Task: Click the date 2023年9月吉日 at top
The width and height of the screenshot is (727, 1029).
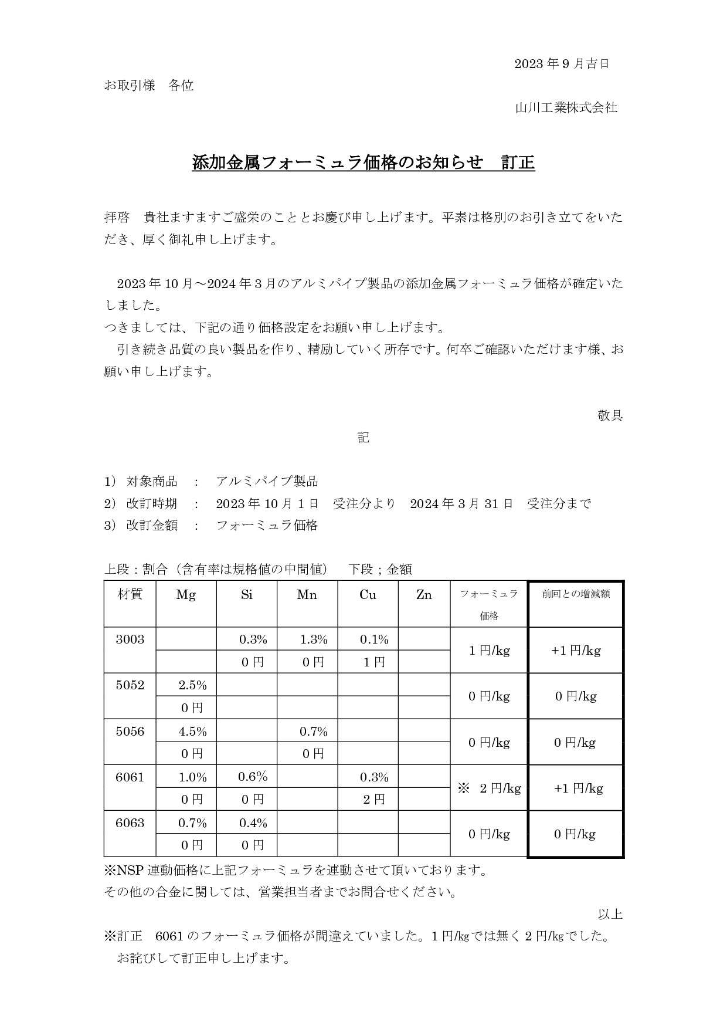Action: [x=562, y=64]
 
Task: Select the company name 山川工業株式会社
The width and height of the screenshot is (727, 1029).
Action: [x=566, y=108]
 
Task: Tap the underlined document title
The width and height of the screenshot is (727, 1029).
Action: [x=363, y=163]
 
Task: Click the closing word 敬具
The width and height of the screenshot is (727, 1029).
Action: [x=610, y=416]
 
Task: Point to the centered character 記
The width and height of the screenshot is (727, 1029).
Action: [x=363, y=438]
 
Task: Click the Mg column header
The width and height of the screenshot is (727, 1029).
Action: [x=186, y=595]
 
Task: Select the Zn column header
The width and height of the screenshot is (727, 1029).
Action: [x=424, y=595]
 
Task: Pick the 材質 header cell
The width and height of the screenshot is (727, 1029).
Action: [x=130, y=594]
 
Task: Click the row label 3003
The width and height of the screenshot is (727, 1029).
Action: [x=130, y=639]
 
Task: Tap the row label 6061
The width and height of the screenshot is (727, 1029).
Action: [x=130, y=777]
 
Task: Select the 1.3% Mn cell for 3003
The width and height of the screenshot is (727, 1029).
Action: [x=314, y=639]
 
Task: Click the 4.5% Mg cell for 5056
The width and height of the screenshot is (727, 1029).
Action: [x=192, y=732]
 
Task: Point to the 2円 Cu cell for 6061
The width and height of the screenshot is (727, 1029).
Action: [x=374, y=800]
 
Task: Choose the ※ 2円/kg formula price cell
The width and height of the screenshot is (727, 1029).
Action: [x=490, y=788]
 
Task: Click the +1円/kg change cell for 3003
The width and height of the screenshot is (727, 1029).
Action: [x=576, y=651]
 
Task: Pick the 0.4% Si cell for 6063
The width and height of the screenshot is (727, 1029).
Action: [x=253, y=823]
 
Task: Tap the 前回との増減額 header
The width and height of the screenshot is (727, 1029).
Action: [x=576, y=594]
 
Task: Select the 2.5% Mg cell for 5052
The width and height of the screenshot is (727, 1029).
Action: [x=192, y=685]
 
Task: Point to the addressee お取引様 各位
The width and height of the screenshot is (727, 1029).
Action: [x=149, y=86]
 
